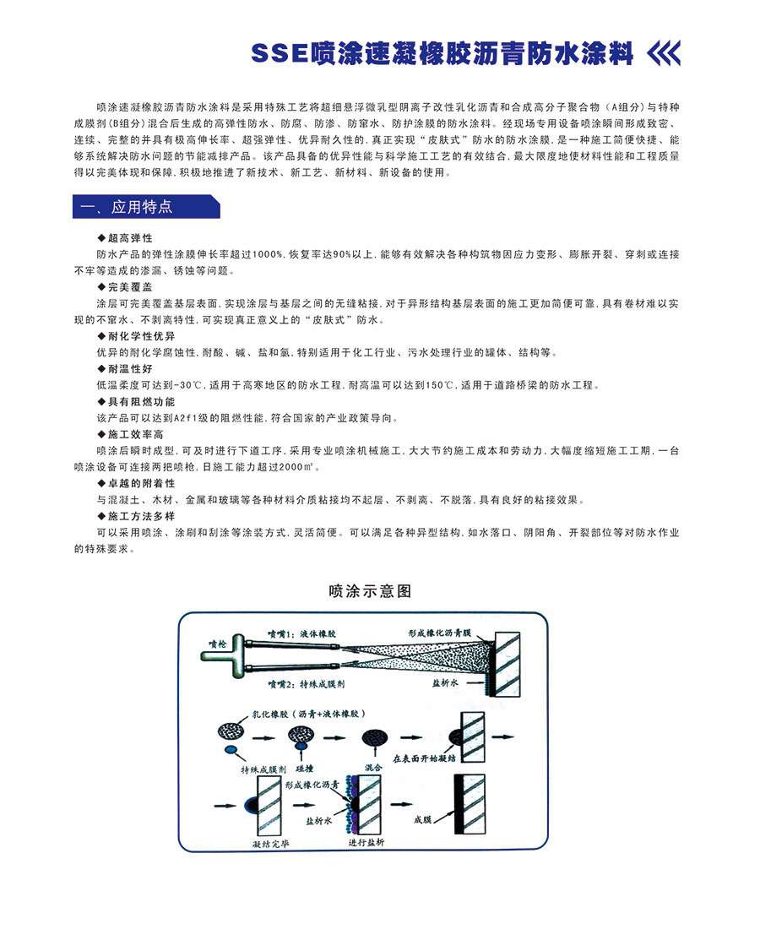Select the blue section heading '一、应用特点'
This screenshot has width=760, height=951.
point(125,207)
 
